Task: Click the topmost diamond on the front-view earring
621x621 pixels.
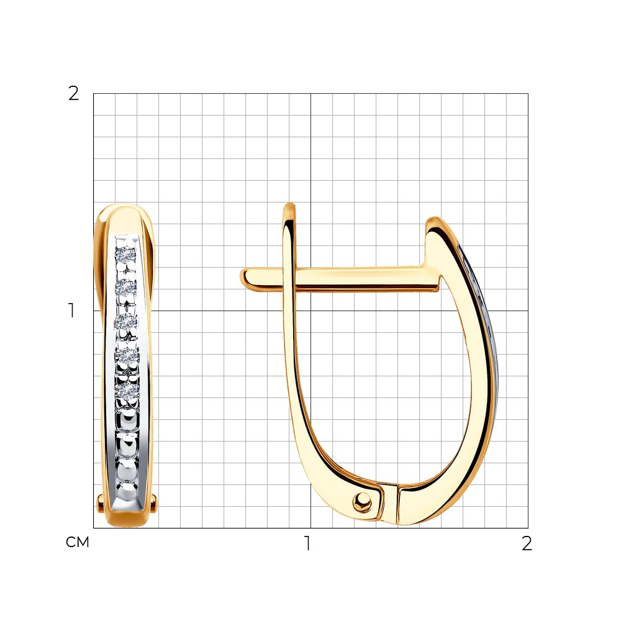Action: [126, 253]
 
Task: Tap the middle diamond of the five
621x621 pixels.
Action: [126, 322]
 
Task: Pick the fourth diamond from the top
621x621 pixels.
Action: [127, 356]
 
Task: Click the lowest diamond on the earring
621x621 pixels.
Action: [127, 390]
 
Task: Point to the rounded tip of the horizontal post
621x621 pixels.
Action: [243, 279]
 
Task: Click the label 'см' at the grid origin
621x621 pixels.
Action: [78, 542]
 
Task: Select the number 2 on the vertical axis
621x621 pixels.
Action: [74, 94]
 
